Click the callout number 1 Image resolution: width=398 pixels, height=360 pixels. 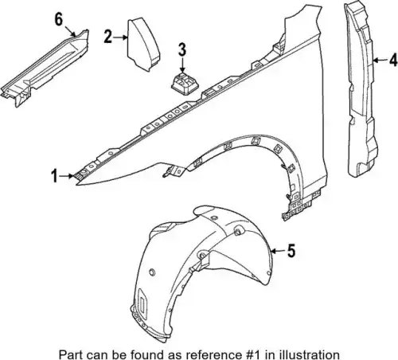(x=54, y=176)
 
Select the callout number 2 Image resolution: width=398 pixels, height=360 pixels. (x=107, y=37)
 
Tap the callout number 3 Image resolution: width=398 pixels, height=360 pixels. (x=182, y=49)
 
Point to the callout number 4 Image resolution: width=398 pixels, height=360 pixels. (x=393, y=60)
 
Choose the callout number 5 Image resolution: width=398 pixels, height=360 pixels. (x=291, y=251)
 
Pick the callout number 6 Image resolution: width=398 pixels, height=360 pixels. (x=59, y=19)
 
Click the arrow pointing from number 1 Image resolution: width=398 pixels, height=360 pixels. (x=66, y=176)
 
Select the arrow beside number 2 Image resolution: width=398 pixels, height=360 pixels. (x=120, y=37)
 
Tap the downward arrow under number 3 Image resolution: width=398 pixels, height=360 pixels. (x=182, y=65)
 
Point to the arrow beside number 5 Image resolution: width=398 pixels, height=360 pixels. (x=278, y=251)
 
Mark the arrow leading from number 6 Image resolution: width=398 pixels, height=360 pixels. (x=70, y=31)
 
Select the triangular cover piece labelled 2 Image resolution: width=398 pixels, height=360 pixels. (x=143, y=45)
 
